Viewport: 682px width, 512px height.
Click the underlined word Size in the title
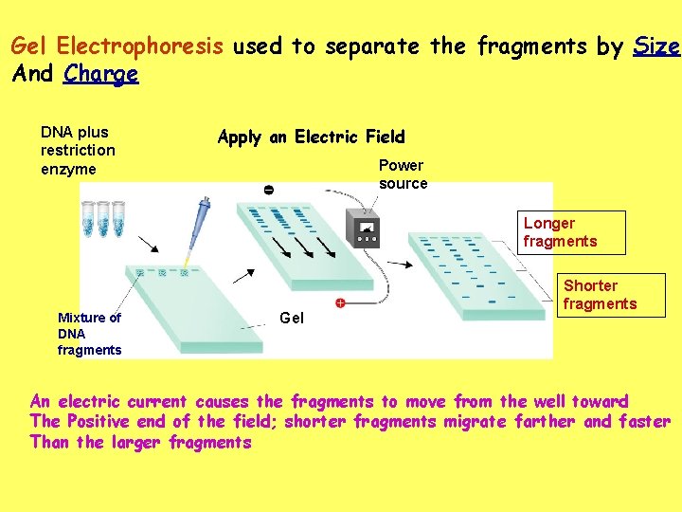(x=655, y=46)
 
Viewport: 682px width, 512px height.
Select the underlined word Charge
(x=100, y=74)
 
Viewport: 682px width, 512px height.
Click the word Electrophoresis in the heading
(x=140, y=46)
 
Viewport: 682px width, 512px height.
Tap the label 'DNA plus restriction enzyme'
(x=78, y=151)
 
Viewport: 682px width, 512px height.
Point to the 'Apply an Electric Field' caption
(x=311, y=137)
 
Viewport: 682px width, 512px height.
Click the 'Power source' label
(x=403, y=174)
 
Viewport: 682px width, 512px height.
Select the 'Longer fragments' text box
(x=573, y=232)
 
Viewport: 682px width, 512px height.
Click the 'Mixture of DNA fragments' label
(x=89, y=334)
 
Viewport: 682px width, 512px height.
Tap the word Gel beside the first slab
(x=292, y=319)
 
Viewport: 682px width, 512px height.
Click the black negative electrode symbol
(x=268, y=191)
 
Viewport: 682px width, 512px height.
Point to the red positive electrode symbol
(x=339, y=303)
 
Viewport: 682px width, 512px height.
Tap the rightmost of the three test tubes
(x=118, y=219)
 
